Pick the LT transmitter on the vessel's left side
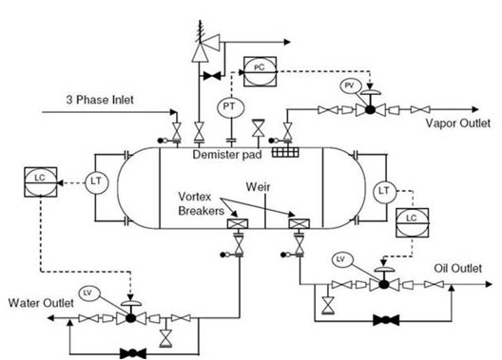click(95, 180)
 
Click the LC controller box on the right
click(412, 218)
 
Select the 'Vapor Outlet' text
click(457, 123)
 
